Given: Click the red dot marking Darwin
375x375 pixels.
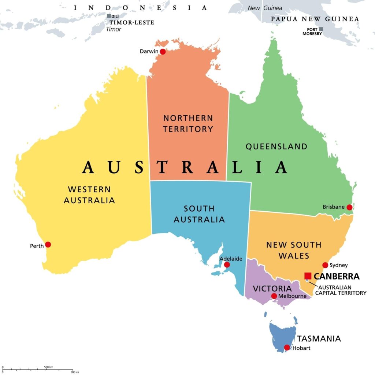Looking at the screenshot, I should pos(163,52).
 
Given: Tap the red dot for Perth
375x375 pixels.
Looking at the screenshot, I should pos(48,245).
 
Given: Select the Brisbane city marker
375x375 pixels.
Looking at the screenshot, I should pos(349,207).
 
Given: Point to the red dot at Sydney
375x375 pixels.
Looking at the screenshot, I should pos(325,265).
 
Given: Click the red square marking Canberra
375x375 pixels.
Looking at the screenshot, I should pos(308,276).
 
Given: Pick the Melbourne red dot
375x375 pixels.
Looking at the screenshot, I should pos(274,296).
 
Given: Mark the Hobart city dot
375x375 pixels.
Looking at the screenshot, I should pos(287,348).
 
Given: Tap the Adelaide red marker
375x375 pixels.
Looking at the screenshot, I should pos(227,265).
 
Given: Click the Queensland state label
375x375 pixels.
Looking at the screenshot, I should pos(276,146).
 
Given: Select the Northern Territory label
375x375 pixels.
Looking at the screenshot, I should pos(188,123).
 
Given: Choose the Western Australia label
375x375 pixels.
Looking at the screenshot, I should pos(89,195).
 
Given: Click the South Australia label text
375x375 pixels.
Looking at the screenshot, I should pos(199,214).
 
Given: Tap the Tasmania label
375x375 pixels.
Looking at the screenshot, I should pos(319,338).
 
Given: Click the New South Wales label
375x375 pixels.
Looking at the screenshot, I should pos(294,250).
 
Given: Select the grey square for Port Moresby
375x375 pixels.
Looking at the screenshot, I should pos(321,29).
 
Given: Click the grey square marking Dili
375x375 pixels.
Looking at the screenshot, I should pos(109,16).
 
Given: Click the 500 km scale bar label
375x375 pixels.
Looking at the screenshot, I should pos(49,367).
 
